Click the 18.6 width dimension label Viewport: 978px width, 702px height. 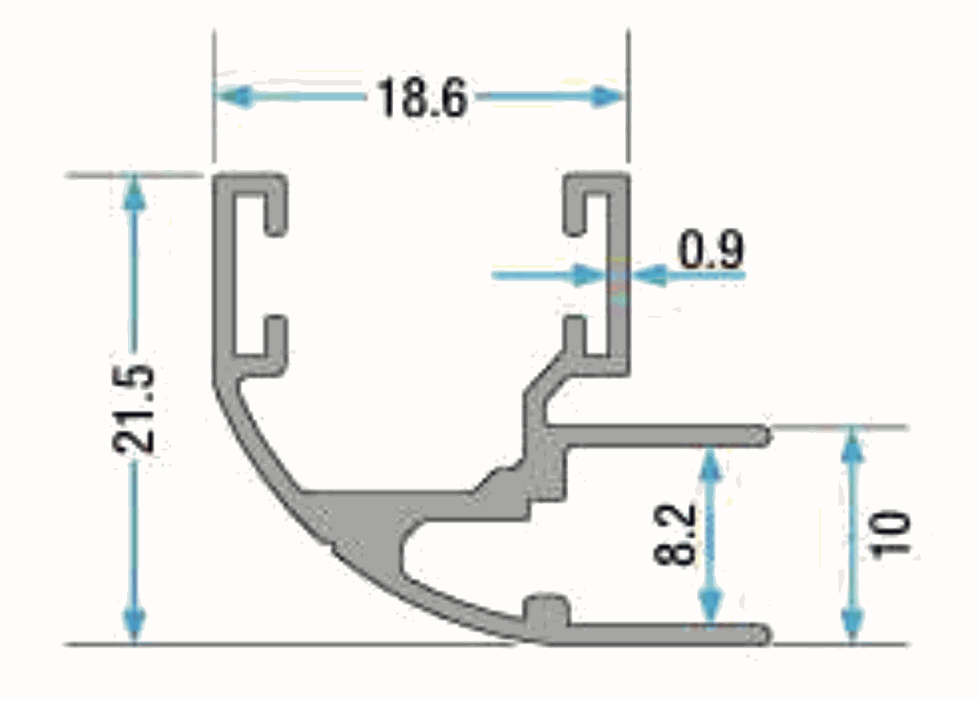click(x=421, y=97)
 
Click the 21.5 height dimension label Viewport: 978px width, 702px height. click(x=132, y=407)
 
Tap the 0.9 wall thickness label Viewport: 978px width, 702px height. click(x=710, y=249)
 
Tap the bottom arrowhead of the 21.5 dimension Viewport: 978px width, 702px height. click(x=134, y=624)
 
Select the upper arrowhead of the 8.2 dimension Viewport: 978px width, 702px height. click(x=709, y=465)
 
